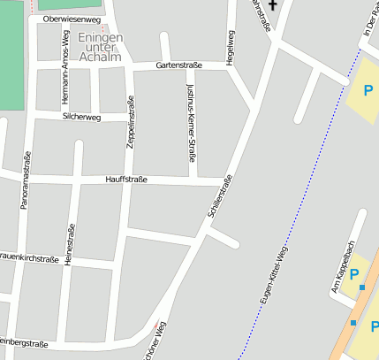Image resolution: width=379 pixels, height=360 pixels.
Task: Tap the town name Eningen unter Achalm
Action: click(x=100, y=48)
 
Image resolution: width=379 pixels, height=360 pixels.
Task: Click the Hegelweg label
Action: click(x=231, y=45)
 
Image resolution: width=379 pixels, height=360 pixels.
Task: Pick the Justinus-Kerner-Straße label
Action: click(x=191, y=124)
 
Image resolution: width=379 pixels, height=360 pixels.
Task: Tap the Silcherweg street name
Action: click(x=82, y=117)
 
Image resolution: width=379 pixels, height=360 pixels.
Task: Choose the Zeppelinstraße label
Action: click(x=131, y=120)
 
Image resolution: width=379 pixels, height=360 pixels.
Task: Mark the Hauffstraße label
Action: click(x=126, y=180)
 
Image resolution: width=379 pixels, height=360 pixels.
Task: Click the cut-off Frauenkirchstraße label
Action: click(x=29, y=257)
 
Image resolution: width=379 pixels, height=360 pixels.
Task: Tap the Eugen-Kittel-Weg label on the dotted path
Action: click(x=276, y=275)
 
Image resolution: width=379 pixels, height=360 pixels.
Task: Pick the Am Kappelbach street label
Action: click(x=342, y=265)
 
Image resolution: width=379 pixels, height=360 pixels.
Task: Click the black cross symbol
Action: click(x=273, y=6)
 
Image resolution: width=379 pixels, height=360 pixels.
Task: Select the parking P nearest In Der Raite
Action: click(x=368, y=89)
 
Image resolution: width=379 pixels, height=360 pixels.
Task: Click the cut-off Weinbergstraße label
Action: click(x=24, y=342)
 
